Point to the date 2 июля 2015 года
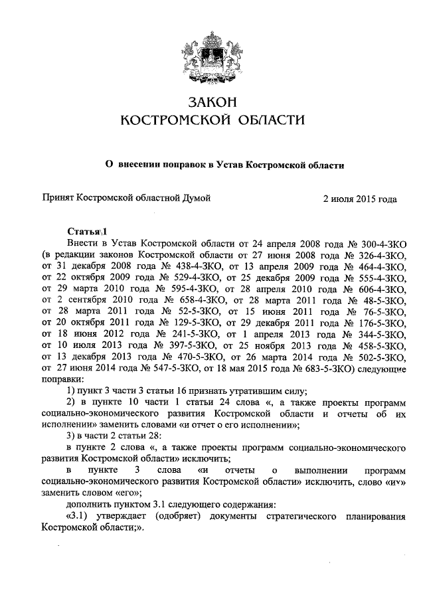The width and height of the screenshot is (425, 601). (359, 197)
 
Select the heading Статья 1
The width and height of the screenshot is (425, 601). (86, 230)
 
